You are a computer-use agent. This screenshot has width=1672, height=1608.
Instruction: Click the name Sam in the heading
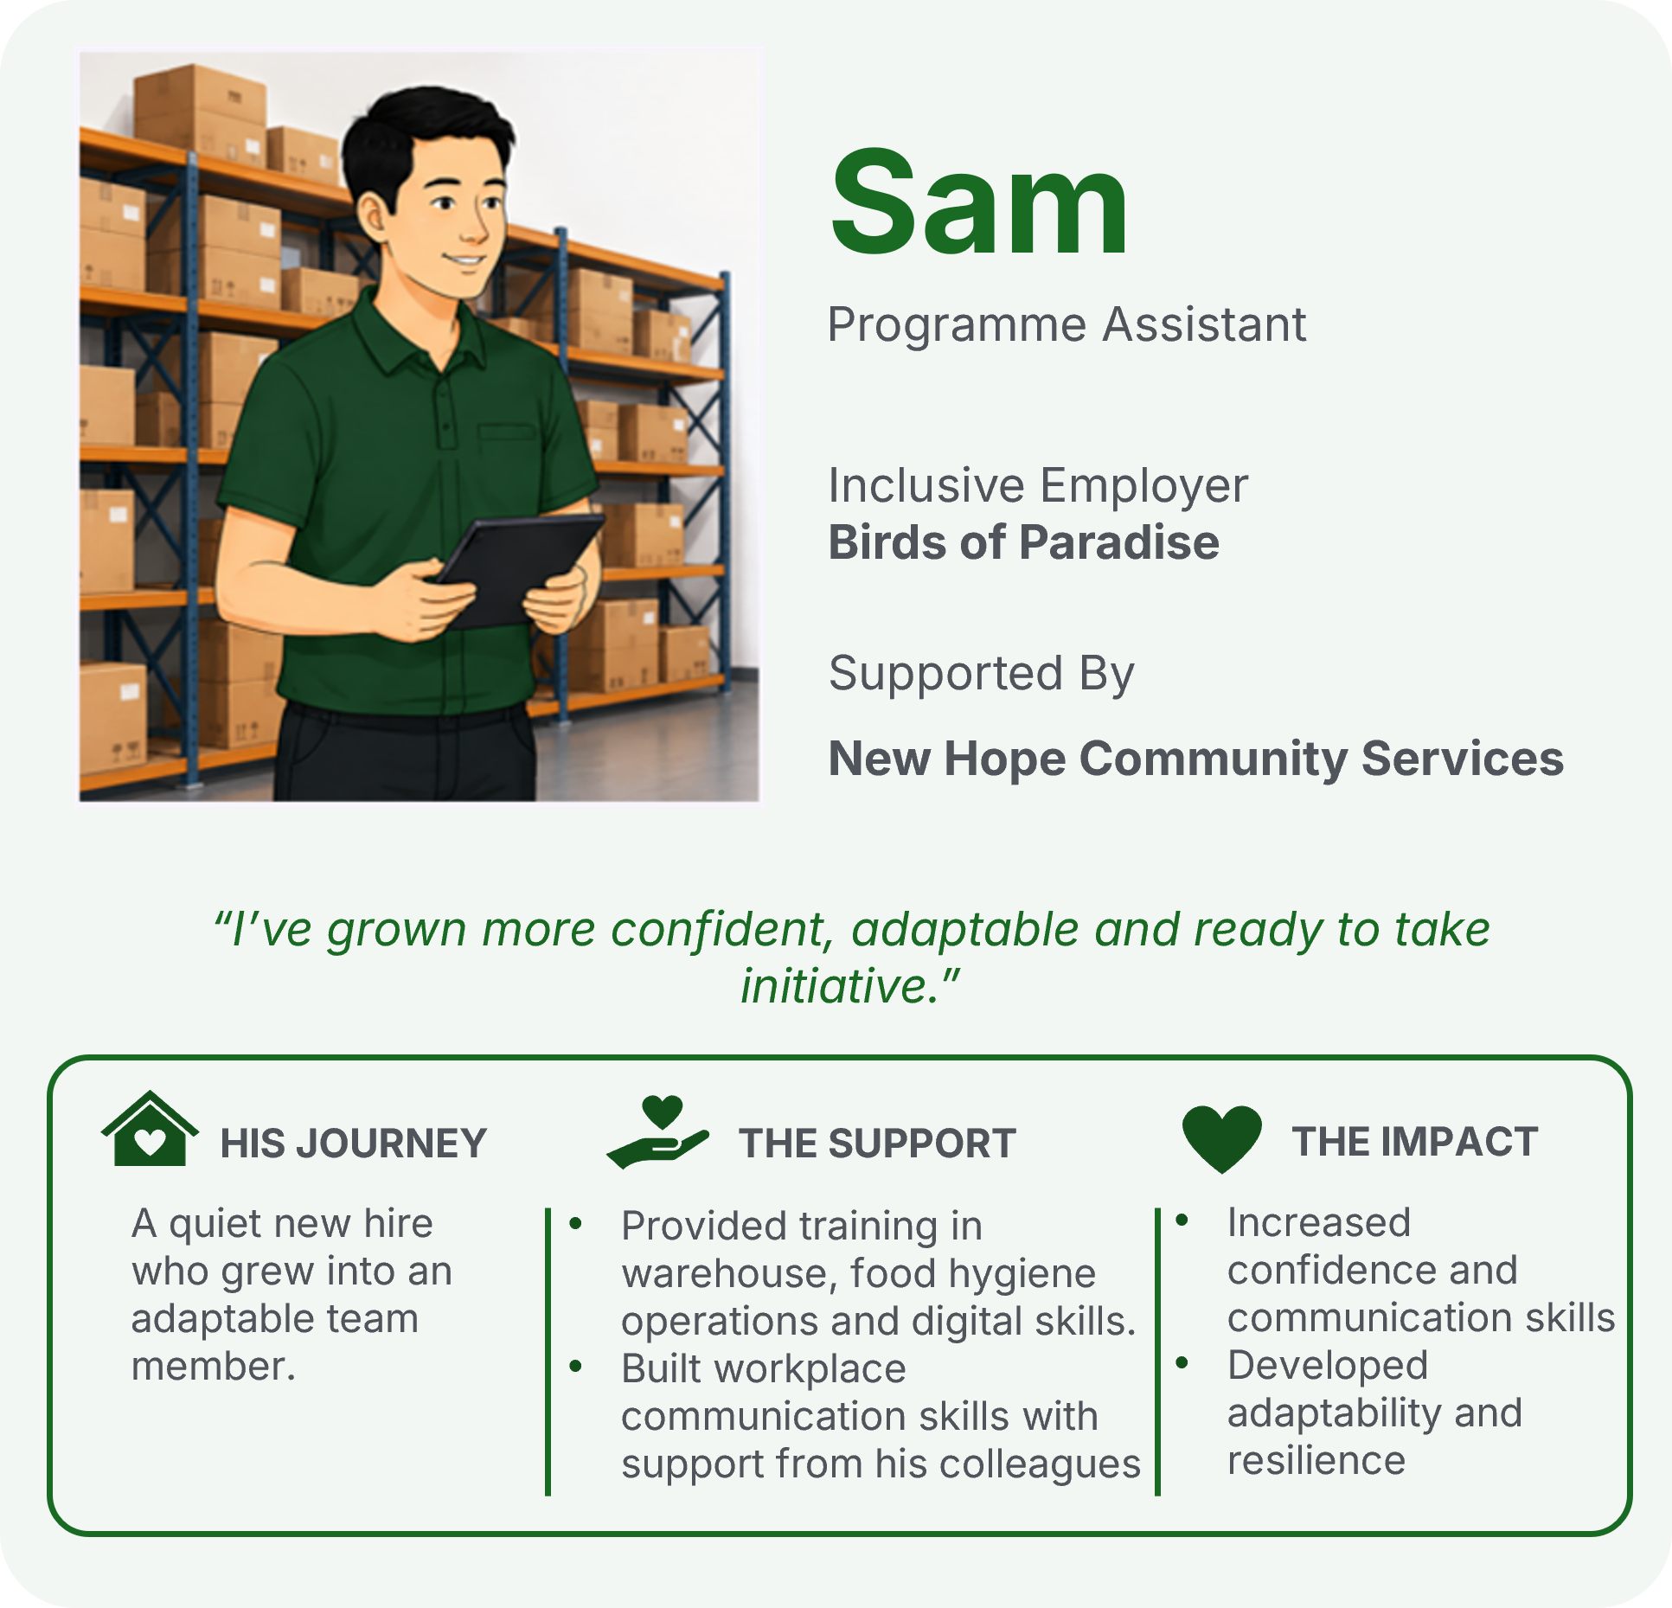(x=979, y=202)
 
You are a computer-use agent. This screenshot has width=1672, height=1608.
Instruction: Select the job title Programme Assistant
(x=1067, y=326)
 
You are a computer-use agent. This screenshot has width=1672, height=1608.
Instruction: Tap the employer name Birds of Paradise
(x=1024, y=542)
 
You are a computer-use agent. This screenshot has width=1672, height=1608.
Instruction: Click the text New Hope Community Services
(x=1196, y=759)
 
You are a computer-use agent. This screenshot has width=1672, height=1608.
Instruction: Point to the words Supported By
(x=981, y=675)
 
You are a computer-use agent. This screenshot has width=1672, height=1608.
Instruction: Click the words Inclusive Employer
(x=1038, y=485)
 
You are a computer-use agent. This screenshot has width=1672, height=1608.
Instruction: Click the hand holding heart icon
(x=658, y=1132)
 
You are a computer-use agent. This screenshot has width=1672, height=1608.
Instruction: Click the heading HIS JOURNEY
(x=354, y=1144)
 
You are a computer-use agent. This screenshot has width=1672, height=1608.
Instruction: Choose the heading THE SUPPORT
(x=877, y=1144)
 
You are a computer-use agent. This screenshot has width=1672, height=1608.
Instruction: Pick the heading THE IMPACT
(x=1415, y=1142)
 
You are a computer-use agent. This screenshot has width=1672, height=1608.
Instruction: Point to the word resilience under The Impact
(x=1316, y=1461)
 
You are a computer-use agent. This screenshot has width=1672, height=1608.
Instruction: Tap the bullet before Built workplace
(x=576, y=1366)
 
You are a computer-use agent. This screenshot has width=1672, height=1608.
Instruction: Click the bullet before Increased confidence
(x=1182, y=1220)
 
